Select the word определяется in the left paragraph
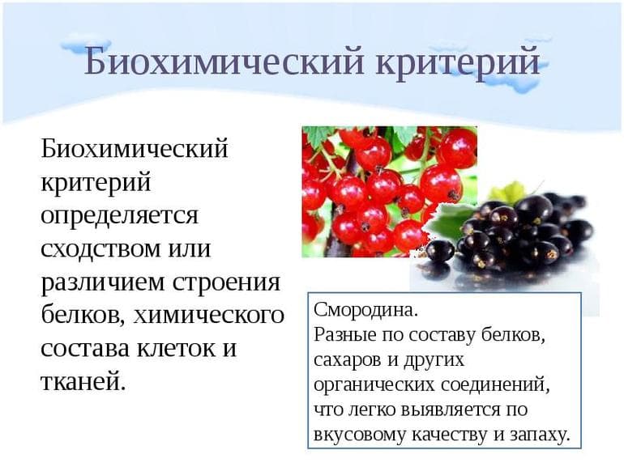tap(119, 217)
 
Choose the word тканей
tap(83, 380)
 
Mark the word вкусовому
tap(354, 435)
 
